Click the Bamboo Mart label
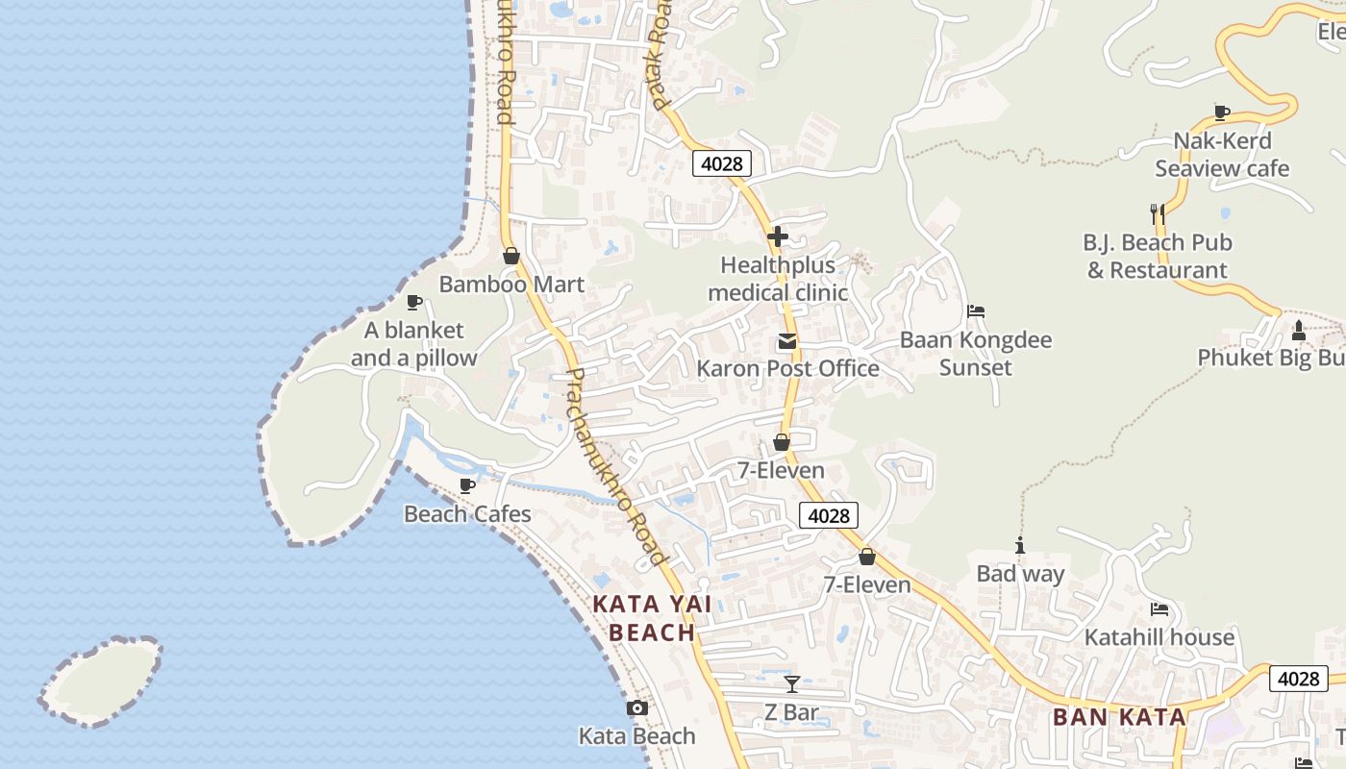tap(511, 285)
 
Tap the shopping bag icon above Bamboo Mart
tap(511, 256)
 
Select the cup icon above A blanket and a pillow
tap(414, 302)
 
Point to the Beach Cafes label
tap(467, 514)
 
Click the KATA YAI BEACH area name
tap(652, 618)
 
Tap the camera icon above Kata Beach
tap(636, 708)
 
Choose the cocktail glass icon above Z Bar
tap(791, 684)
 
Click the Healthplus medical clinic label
tap(778, 279)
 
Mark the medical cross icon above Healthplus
tap(778, 236)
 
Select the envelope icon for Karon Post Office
tap(787, 341)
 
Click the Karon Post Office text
tap(787, 368)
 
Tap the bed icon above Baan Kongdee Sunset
tap(976, 311)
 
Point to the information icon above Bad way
tap(1020, 546)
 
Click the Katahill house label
tap(1159, 637)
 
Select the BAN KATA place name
tap(1119, 717)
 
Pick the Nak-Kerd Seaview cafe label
tap(1222, 155)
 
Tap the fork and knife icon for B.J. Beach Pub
tap(1158, 213)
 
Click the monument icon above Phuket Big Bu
tap(1299, 331)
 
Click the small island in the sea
tap(101, 681)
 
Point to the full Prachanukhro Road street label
tap(616, 467)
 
